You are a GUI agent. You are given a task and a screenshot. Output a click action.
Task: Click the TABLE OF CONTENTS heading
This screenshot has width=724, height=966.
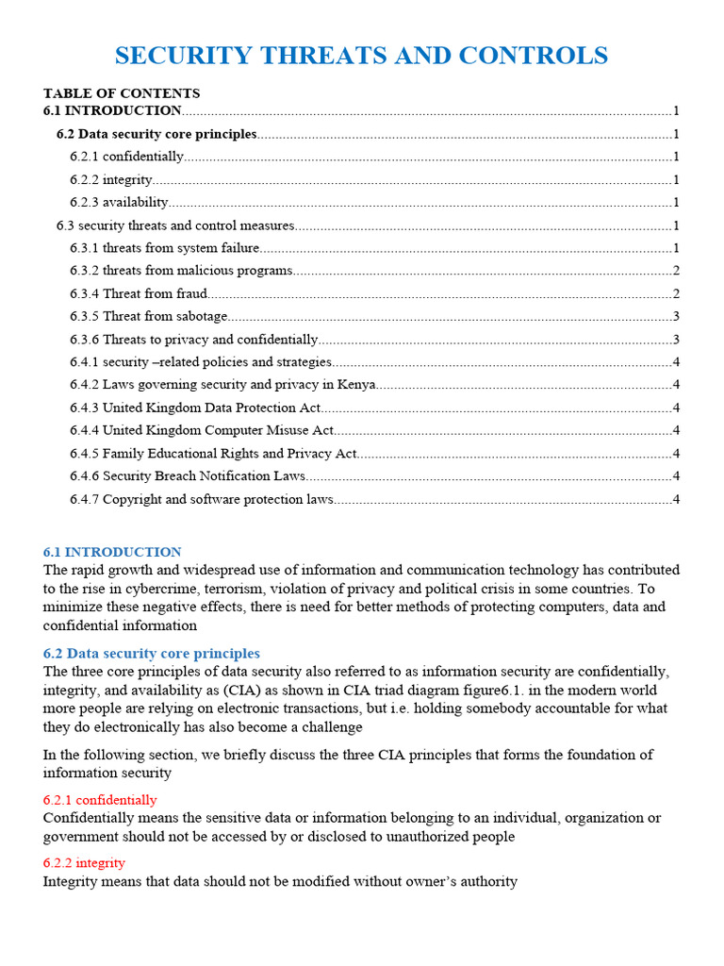click(x=122, y=93)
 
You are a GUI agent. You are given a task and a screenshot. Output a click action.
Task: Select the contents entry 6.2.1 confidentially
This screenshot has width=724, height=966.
click(x=127, y=157)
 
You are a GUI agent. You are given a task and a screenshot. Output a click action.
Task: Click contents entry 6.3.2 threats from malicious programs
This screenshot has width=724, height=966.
click(x=181, y=271)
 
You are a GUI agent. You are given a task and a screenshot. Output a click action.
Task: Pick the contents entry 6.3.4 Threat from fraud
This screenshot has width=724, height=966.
click(x=139, y=293)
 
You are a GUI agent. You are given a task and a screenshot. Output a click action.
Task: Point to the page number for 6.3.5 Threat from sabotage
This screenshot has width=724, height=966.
click(x=676, y=316)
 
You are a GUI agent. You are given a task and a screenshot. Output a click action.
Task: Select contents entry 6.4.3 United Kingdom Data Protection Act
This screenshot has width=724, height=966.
click(x=195, y=408)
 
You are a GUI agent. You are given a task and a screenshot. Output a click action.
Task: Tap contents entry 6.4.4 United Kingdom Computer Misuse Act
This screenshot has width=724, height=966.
click(x=202, y=430)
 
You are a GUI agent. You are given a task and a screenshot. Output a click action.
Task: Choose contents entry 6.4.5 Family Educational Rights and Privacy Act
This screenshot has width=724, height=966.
click(x=213, y=453)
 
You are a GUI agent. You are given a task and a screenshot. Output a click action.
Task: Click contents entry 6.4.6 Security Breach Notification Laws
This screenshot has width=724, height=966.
click(x=188, y=475)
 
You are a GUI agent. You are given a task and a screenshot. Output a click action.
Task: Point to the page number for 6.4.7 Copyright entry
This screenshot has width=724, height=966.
click(x=676, y=499)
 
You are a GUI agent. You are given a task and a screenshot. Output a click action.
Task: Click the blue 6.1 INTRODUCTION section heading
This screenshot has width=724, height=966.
click(x=112, y=552)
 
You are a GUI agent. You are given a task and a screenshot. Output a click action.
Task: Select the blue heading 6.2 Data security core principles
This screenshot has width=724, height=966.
click(x=152, y=654)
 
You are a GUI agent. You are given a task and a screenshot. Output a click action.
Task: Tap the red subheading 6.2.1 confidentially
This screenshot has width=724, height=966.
click(x=100, y=800)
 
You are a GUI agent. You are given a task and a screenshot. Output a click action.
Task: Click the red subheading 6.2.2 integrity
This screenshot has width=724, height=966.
click(x=84, y=863)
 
